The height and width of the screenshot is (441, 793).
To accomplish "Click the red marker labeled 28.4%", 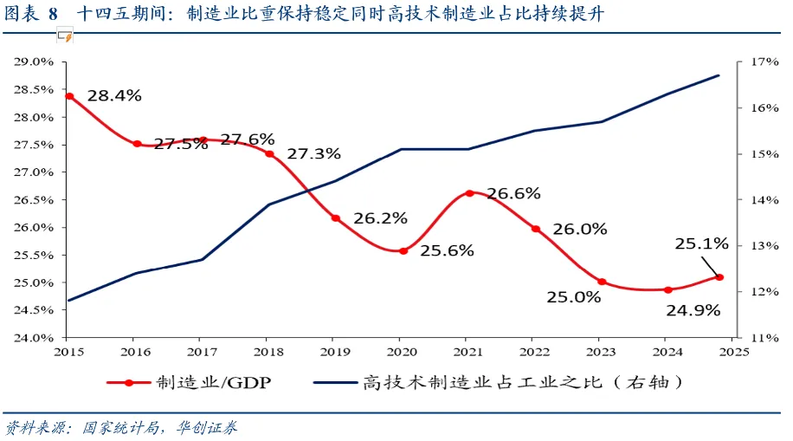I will [x=69, y=96].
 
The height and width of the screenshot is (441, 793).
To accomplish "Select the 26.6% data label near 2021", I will [x=513, y=193].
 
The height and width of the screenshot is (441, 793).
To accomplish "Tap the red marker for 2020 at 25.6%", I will [x=403, y=250].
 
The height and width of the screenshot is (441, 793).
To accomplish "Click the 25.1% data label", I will [x=701, y=245].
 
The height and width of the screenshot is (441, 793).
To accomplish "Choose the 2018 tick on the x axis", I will [x=267, y=351].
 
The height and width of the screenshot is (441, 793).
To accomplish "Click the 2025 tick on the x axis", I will [x=732, y=351].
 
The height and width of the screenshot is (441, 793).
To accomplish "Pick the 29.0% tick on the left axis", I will [x=33, y=62].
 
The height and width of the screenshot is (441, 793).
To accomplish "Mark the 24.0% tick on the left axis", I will [x=33, y=338].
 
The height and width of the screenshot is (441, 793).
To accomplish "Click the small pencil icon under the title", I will [x=65, y=36].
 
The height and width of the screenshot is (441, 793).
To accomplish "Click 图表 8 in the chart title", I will [x=32, y=15].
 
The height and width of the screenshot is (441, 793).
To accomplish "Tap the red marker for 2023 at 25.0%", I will [x=602, y=282].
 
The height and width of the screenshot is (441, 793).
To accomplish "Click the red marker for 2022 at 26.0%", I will [x=536, y=229].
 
